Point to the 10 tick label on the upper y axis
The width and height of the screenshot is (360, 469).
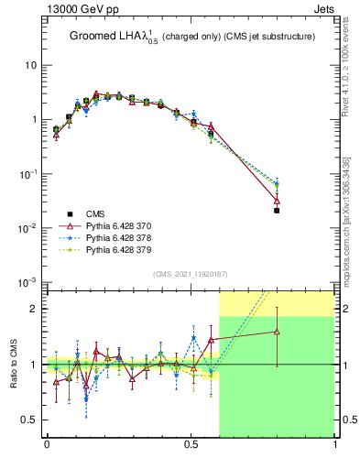(x=30, y=66)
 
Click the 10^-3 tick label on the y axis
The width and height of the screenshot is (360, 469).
(x=27, y=282)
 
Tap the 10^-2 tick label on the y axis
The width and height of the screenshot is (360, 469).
(x=27, y=228)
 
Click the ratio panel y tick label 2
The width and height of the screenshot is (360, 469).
(x=35, y=309)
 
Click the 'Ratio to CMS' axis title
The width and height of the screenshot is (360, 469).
(x=14, y=364)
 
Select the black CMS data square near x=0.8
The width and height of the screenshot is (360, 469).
(x=277, y=211)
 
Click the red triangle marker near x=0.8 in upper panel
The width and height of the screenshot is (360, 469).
(x=277, y=201)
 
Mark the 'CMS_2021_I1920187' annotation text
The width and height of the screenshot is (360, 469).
(x=191, y=273)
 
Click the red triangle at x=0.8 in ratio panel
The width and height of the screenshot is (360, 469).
(x=277, y=332)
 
